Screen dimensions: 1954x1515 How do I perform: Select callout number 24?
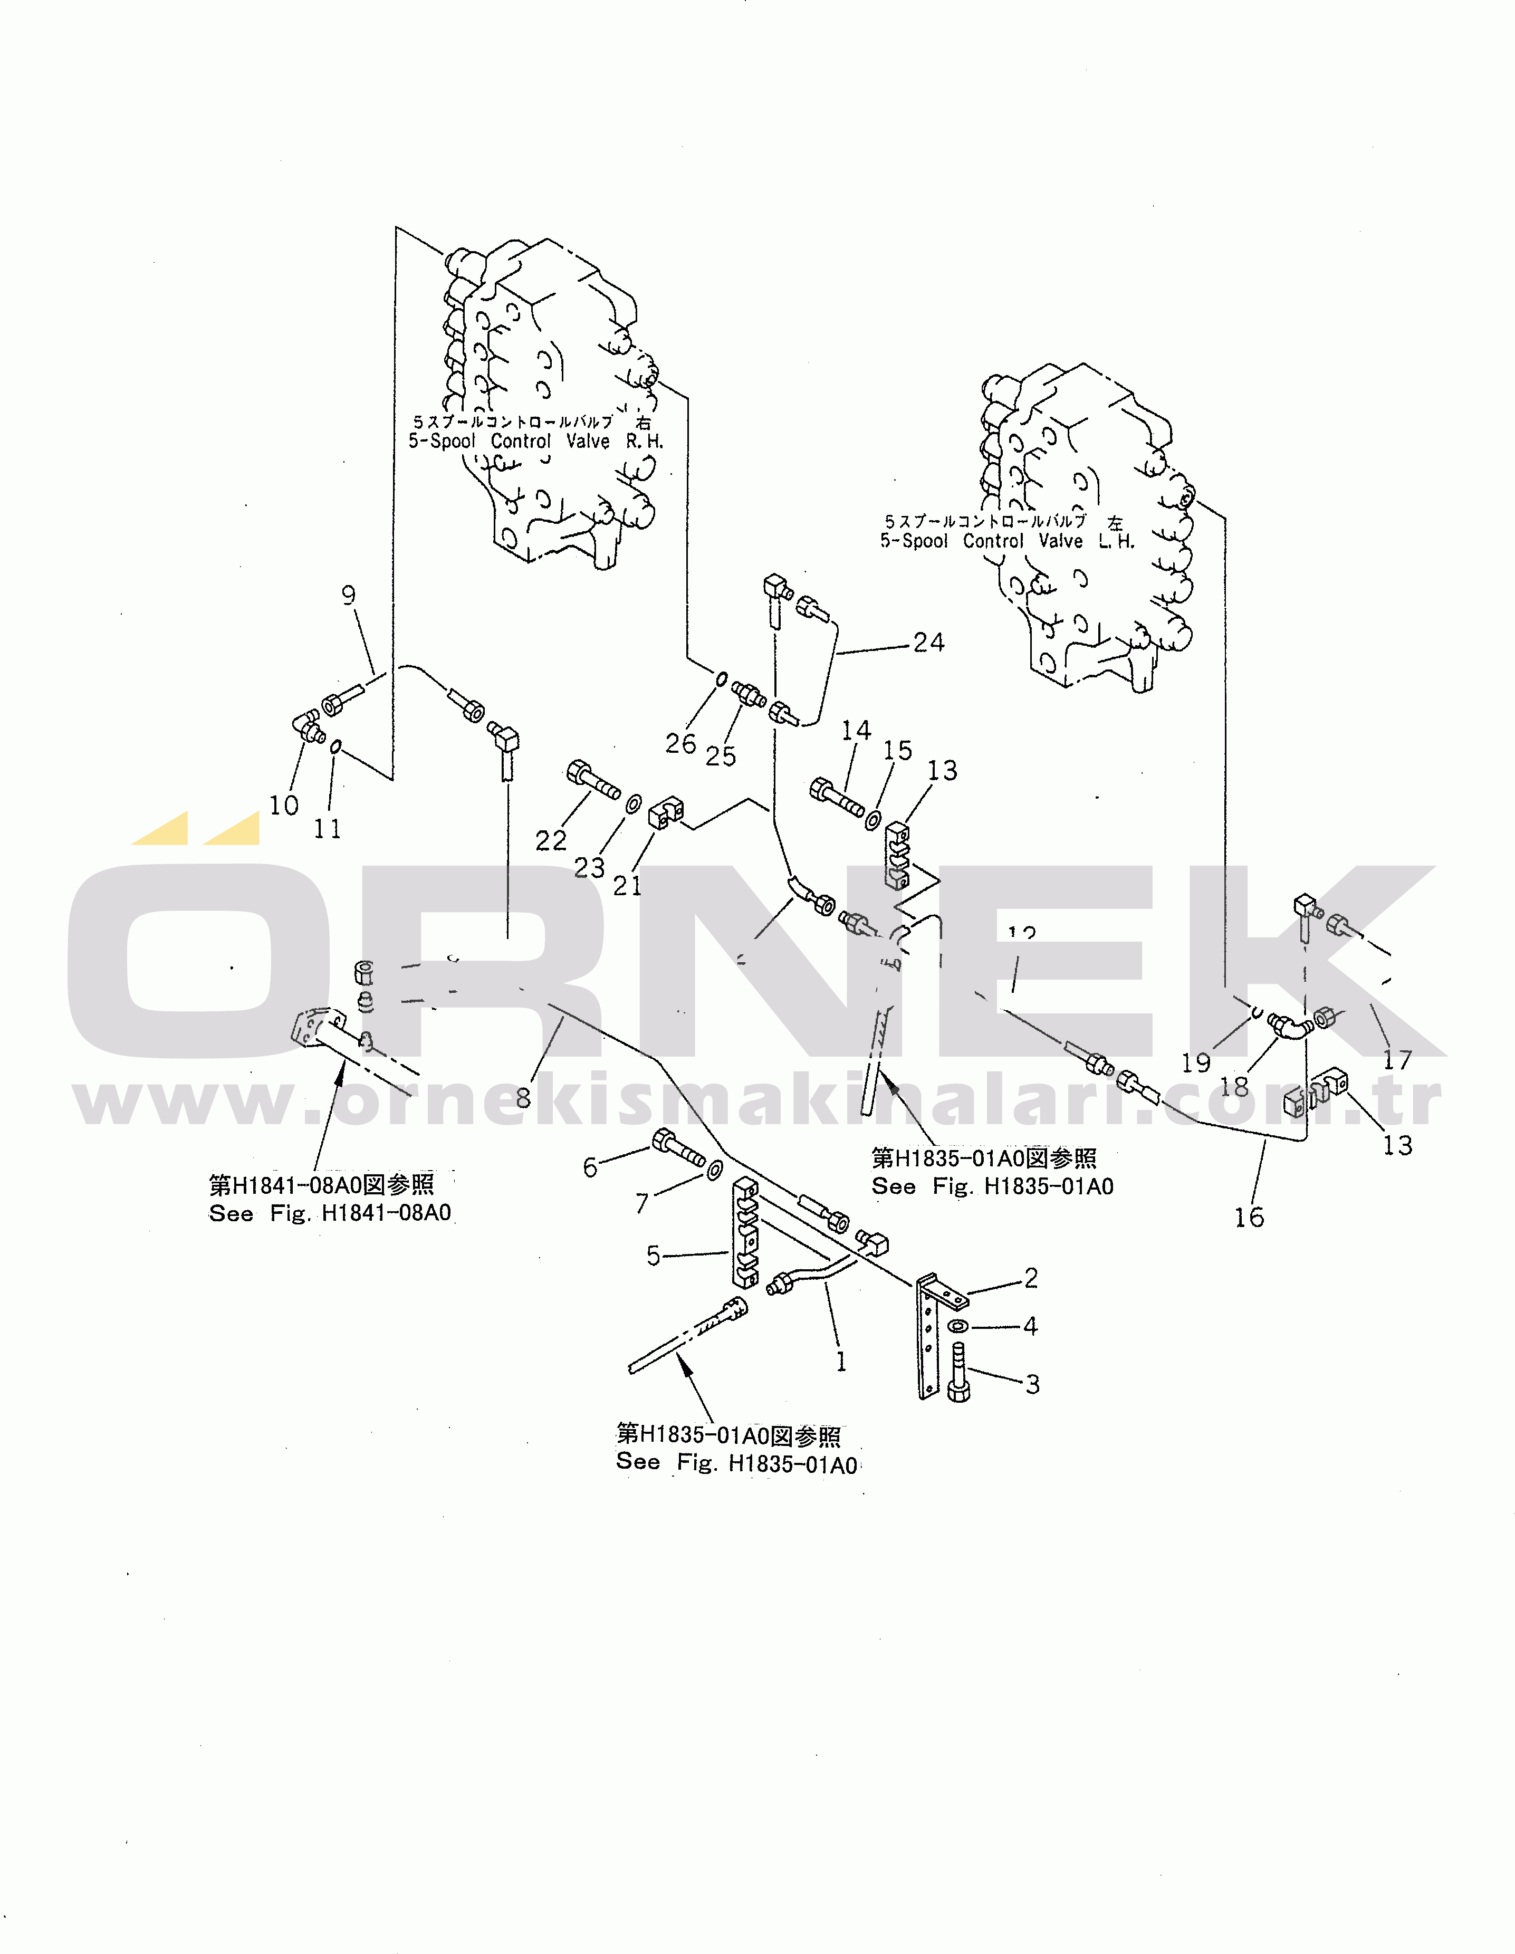(929, 643)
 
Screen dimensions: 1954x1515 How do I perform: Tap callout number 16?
(1249, 1217)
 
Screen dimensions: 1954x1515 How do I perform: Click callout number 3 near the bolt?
(1033, 1384)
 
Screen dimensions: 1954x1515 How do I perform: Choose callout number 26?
(680, 743)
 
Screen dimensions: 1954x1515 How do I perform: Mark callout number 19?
(1195, 1063)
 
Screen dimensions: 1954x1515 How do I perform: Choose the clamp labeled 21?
(666, 812)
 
